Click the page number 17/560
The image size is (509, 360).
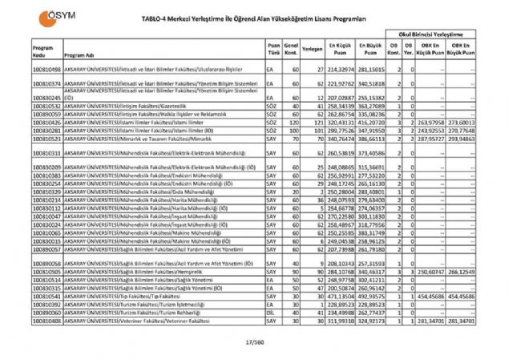(x=254, y=344)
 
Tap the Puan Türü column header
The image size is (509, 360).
(x=273, y=51)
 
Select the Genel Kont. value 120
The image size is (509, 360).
(x=294, y=121)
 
